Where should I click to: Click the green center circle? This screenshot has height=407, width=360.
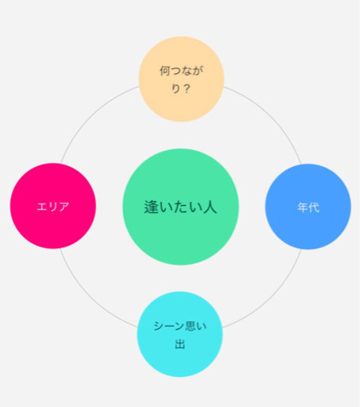click(x=180, y=207)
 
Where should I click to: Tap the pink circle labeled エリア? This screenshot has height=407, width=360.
click(x=53, y=206)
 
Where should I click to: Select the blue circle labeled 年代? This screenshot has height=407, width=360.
click(x=308, y=207)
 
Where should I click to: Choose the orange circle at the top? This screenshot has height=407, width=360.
click(x=181, y=79)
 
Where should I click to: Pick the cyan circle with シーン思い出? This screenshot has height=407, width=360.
click(x=180, y=334)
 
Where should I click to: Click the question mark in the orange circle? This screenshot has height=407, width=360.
click(x=187, y=88)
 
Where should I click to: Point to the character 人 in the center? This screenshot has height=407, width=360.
click(x=210, y=207)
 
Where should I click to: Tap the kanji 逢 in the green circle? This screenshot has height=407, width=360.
click(x=152, y=207)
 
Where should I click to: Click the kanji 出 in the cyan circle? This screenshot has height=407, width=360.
click(x=180, y=343)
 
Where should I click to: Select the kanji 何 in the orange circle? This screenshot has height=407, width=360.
click(x=165, y=71)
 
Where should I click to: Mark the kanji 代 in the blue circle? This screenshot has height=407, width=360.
click(x=314, y=207)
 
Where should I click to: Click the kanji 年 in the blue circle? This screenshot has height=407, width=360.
click(x=303, y=207)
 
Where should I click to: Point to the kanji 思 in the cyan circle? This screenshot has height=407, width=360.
click(x=190, y=326)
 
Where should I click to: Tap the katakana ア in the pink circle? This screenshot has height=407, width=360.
click(x=64, y=207)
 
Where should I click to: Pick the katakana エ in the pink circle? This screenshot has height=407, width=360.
click(x=42, y=207)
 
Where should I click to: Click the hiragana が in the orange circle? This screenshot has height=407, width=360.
click(x=198, y=71)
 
